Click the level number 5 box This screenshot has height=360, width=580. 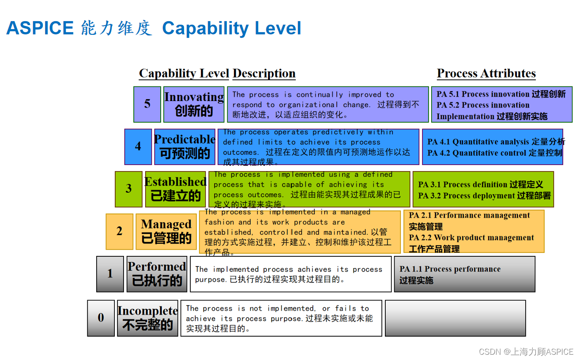[x=147, y=104]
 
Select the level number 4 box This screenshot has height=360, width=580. [x=138, y=146]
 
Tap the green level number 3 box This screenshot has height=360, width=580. [x=128, y=189]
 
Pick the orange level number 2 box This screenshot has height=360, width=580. [x=119, y=231]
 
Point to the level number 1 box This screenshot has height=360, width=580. [x=110, y=274]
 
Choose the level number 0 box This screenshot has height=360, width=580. [x=101, y=318]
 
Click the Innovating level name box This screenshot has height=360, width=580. [x=194, y=104]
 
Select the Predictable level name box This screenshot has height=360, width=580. [x=185, y=146]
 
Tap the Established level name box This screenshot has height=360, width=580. [x=175, y=189]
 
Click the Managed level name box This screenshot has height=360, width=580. [x=166, y=231]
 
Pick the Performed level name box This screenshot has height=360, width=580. [x=157, y=274]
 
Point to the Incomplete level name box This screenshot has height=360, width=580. [x=147, y=318]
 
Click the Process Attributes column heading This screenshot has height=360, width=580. [x=486, y=73]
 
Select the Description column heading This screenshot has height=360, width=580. [x=264, y=73]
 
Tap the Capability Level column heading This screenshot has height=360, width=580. [x=184, y=73]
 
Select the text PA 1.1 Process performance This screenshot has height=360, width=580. [x=450, y=269]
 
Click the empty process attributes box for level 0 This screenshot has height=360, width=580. [x=455, y=318]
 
